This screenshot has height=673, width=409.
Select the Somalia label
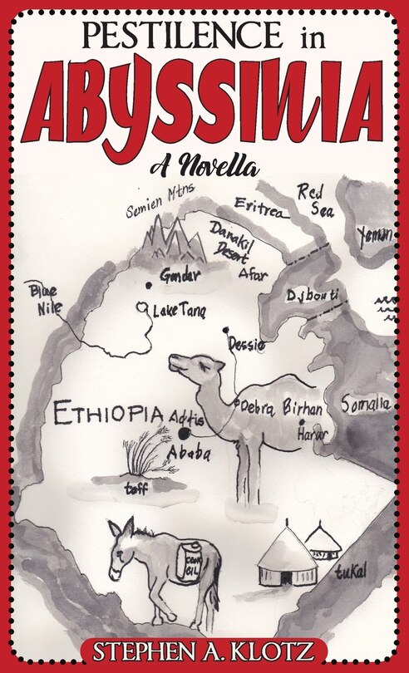click(366, 405)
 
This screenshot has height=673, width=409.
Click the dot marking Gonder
click(148, 285)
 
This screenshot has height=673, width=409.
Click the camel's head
click(195, 366)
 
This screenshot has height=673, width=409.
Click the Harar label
click(313, 434)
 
